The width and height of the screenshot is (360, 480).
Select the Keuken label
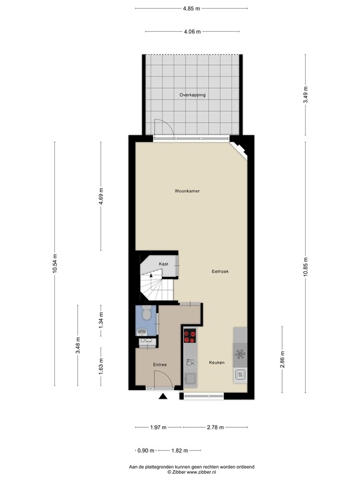pyautogui.click(x=216, y=362)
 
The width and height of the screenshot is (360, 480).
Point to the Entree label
pyautogui.click(x=160, y=364)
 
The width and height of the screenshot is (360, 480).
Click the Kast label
pyautogui.click(x=163, y=264)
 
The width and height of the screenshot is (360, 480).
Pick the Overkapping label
pyautogui.click(x=192, y=95)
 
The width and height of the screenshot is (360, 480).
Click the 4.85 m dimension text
pyautogui.click(x=192, y=9)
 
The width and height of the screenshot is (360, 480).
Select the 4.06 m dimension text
pyautogui.click(x=192, y=31)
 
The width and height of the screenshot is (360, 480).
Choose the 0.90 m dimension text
pyautogui.click(x=145, y=450)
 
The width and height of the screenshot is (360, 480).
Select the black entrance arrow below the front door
pyautogui.click(x=163, y=396)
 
